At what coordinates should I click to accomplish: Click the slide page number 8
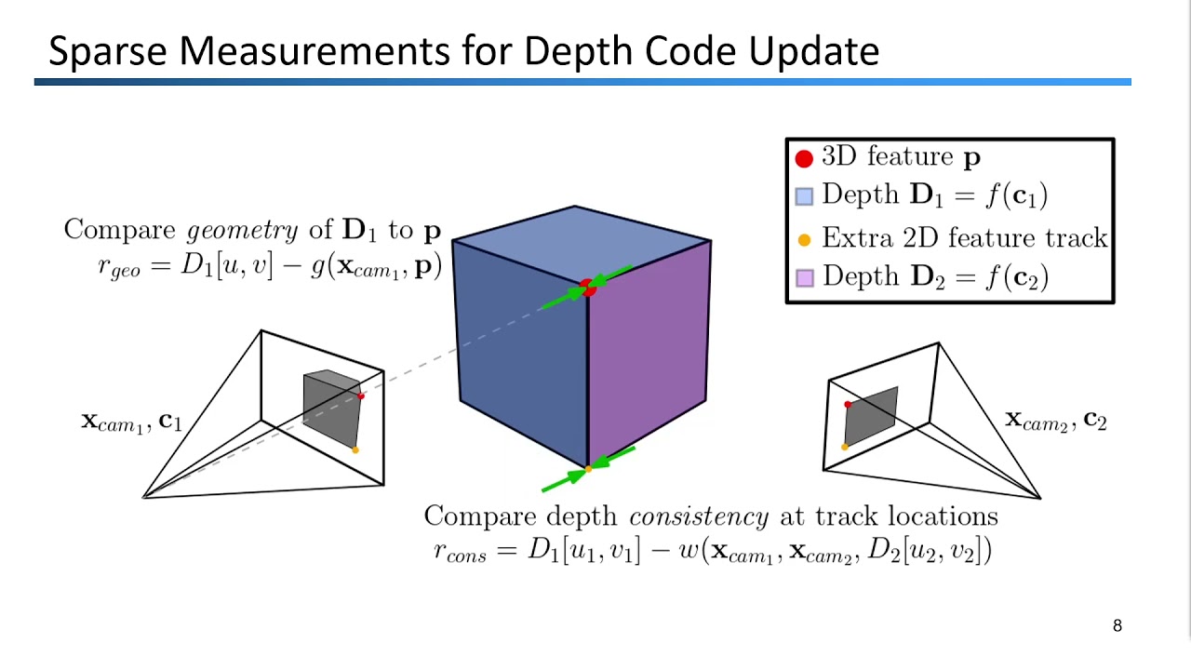pyautogui.click(x=1117, y=625)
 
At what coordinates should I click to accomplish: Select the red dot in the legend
pyautogui.click(x=804, y=158)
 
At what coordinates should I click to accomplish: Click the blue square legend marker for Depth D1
pyautogui.click(x=804, y=196)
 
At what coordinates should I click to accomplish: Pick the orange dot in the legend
pyautogui.click(x=804, y=239)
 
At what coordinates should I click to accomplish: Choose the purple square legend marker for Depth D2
pyautogui.click(x=804, y=277)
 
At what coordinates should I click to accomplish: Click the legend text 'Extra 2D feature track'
pyautogui.click(x=964, y=238)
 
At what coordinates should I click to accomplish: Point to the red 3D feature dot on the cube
pyautogui.click(x=587, y=287)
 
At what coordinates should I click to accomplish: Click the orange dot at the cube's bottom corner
pyautogui.click(x=587, y=469)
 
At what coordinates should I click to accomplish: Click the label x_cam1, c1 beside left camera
pyautogui.click(x=131, y=422)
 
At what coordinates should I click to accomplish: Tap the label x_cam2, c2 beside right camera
pyautogui.click(x=1055, y=421)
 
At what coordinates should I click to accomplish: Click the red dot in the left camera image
pyautogui.click(x=361, y=396)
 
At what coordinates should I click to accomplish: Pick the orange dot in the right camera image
pyautogui.click(x=845, y=447)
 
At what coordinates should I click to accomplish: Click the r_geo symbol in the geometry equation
pyautogui.click(x=118, y=267)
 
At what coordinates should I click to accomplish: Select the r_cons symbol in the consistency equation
pyautogui.click(x=461, y=551)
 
